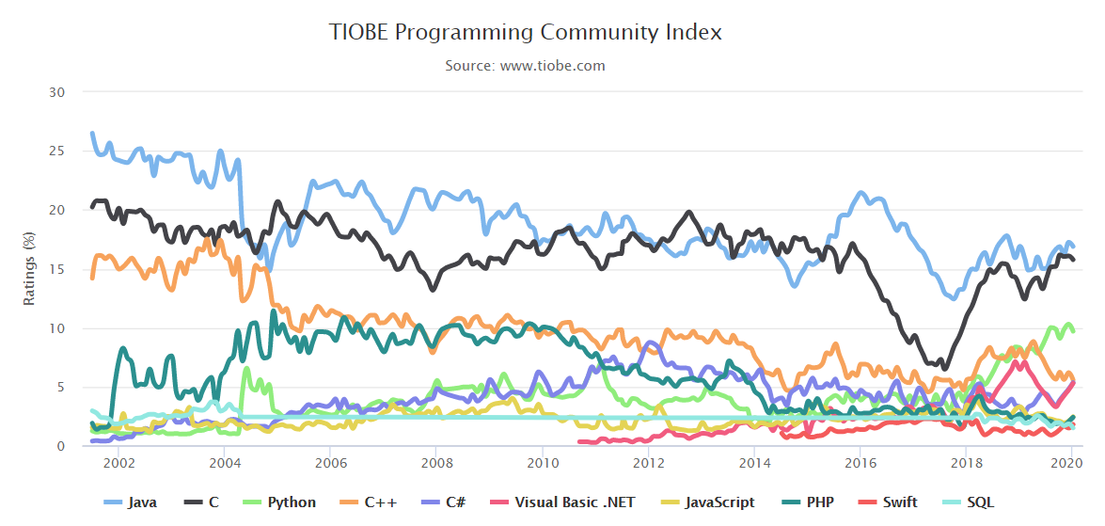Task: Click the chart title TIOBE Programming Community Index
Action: click(x=526, y=32)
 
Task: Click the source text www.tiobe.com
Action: click(x=526, y=66)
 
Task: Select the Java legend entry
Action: click(x=132, y=502)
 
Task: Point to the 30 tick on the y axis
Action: click(x=58, y=92)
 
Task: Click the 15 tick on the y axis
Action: click(x=58, y=269)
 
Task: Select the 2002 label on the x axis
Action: click(x=118, y=463)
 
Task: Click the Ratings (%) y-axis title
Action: click(x=29, y=269)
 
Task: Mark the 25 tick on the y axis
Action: click(x=58, y=151)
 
